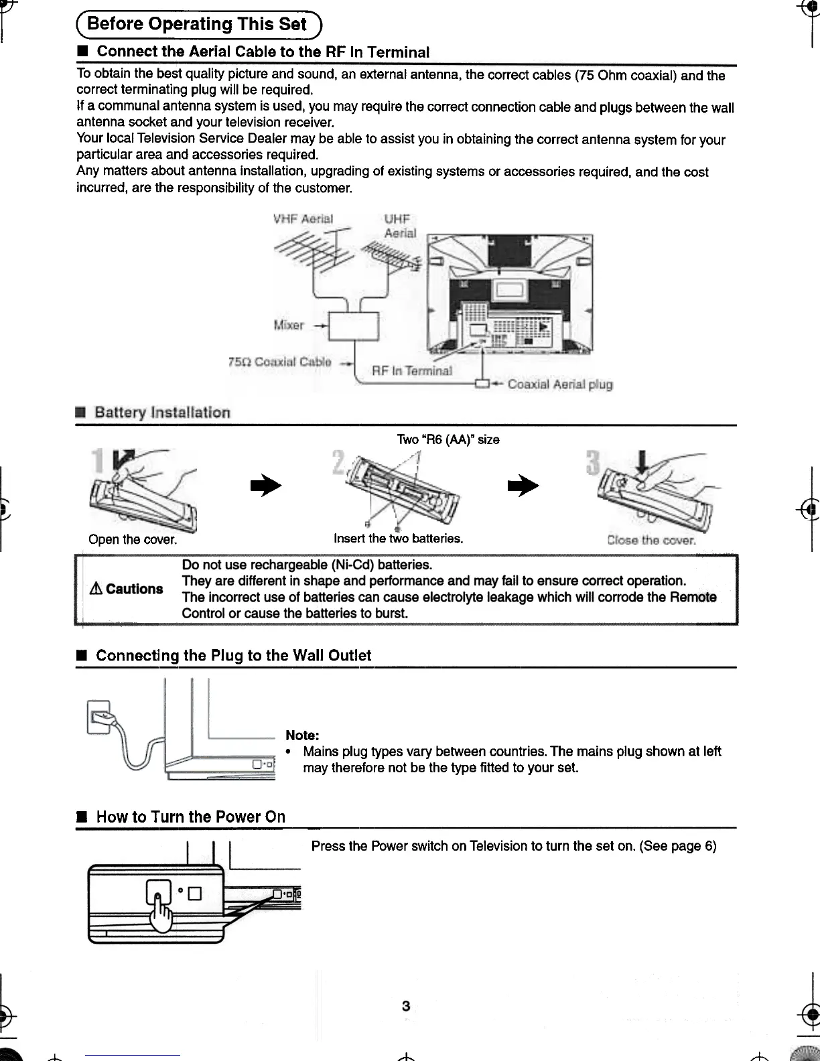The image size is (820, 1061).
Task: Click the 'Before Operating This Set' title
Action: (197, 25)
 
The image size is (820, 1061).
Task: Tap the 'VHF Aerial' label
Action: (303, 219)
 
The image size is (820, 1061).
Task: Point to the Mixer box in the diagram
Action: (354, 327)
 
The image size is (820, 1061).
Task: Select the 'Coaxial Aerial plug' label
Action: (560, 384)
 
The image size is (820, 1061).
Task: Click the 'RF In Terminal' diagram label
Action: (411, 371)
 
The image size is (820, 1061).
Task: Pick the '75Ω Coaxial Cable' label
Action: (280, 362)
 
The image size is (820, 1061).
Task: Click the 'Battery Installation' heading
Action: (162, 413)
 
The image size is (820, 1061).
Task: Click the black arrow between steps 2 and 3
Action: (523, 486)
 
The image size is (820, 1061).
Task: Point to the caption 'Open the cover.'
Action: (133, 539)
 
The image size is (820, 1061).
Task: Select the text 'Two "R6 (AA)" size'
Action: (448, 439)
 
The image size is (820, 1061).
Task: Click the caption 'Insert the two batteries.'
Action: (399, 539)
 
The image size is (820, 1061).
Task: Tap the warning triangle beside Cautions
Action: (96, 589)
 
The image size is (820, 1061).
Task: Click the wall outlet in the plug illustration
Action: (98, 716)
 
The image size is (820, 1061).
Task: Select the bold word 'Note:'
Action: (302, 735)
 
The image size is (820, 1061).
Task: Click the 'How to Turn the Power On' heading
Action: (191, 817)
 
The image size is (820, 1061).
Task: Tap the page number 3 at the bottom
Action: (406, 1005)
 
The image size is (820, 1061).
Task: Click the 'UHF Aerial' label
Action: (399, 226)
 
